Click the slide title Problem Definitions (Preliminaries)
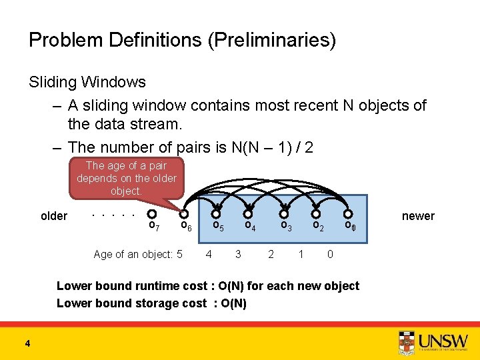(x=182, y=41)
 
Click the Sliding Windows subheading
(x=87, y=83)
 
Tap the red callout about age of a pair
(x=126, y=178)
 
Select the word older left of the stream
(x=54, y=216)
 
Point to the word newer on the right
(x=418, y=216)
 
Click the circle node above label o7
(x=152, y=214)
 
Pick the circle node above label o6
(x=184, y=214)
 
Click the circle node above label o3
(x=283, y=214)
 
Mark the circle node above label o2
(x=316, y=214)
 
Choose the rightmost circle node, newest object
(x=347, y=214)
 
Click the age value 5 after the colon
(x=179, y=254)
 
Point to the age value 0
(x=330, y=254)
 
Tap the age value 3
(x=238, y=254)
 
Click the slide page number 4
(x=27, y=344)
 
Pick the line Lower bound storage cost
(x=151, y=303)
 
